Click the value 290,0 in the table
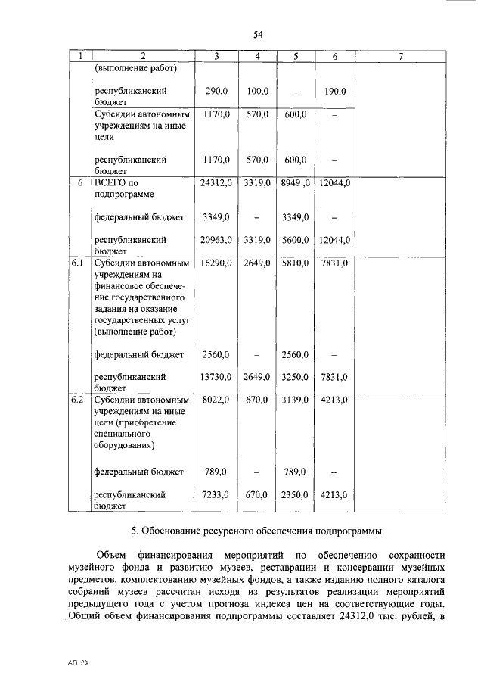216,91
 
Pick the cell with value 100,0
257,91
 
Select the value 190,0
334,91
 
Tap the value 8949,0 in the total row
296,182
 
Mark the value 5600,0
295,240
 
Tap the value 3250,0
295,376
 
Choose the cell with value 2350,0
295,494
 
